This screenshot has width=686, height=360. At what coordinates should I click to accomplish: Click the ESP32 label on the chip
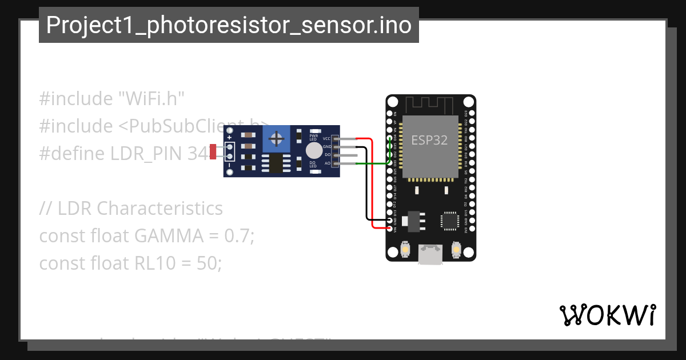pyautogui.click(x=429, y=139)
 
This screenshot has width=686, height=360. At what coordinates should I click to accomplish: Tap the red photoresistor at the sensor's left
pyautogui.click(x=213, y=152)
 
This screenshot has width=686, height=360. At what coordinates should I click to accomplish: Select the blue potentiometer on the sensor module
pyautogui.click(x=277, y=139)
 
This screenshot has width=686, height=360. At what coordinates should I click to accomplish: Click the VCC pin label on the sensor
pyautogui.click(x=326, y=139)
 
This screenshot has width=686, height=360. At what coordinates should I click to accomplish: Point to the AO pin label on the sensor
pyautogui.click(x=328, y=163)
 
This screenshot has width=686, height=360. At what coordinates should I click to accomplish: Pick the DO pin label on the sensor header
pyautogui.click(x=328, y=155)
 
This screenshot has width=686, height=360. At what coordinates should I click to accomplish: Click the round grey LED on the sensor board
pyautogui.click(x=313, y=150)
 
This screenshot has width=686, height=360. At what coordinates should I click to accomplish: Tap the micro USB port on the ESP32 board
pyautogui.click(x=430, y=254)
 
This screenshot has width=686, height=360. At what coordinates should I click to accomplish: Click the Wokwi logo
pyautogui.click(x=607, y=315)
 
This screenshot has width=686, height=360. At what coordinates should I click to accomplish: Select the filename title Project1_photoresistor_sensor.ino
pyautogui.click(x=229, y=25)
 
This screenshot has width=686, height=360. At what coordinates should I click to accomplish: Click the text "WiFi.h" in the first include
pyautogui.click(x=151, y=98)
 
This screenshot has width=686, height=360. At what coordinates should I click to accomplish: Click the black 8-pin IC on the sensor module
pyautogui.click(x=276, y=163)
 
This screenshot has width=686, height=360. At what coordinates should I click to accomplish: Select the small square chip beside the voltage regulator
pyautogui.click(x=449, y=221)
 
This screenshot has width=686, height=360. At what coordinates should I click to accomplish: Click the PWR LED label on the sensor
pyautogui.click(x=313, y=137)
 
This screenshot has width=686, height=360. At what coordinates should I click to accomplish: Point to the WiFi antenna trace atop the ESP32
pyautogui.click(x=430, y=105)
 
